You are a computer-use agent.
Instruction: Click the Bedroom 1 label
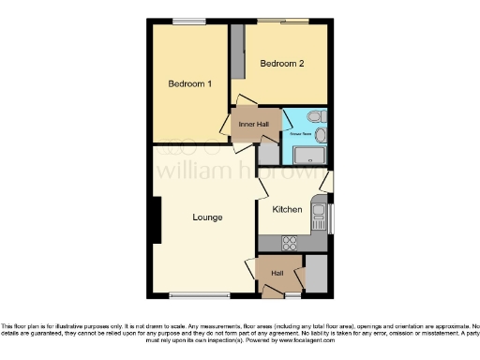click(189, 84)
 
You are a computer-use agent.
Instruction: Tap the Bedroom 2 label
click(282, 64)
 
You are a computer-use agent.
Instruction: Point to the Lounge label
click(207, 217)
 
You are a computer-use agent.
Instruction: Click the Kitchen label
click(287, 209)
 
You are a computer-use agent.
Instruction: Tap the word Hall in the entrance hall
click(277, 273)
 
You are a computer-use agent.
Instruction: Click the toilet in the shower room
click(315, 116)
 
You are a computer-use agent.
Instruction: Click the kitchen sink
click(320, 215)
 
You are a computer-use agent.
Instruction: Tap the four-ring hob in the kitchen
click(289, 243)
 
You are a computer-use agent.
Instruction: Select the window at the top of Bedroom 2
click(283, 21)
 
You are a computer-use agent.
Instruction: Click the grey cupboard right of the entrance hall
click(316, 273)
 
